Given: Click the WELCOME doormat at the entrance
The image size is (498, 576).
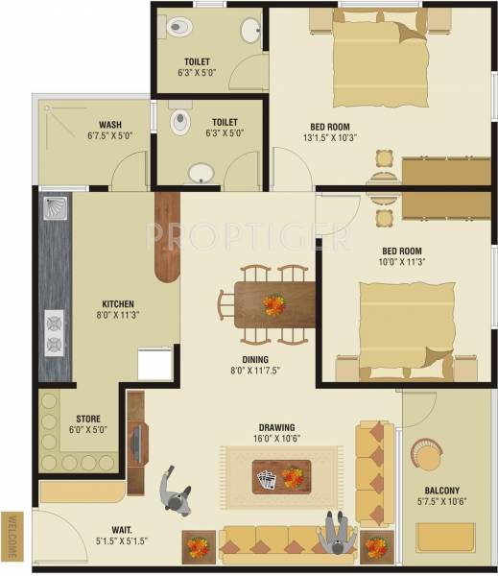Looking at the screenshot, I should pos(12,535).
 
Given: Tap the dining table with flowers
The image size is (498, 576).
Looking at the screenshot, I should pos(274,303).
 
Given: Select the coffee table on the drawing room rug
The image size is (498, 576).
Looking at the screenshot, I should pos(281,476).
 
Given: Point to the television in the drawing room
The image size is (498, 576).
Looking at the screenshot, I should pos(135,443).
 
